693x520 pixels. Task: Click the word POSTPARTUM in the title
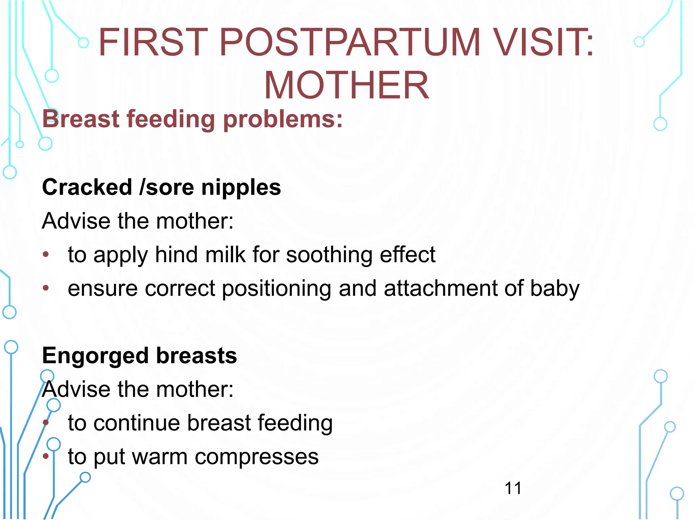[350, 43]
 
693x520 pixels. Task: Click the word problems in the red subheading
[283, 119]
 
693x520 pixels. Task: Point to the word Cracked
[87, 187]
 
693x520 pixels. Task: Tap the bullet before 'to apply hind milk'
[46, 255]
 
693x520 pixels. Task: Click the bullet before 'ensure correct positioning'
[46, 288]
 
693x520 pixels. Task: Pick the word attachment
[440, 288]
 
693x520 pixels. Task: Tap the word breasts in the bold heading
[197, 355]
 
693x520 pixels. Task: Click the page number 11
[513, 488]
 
